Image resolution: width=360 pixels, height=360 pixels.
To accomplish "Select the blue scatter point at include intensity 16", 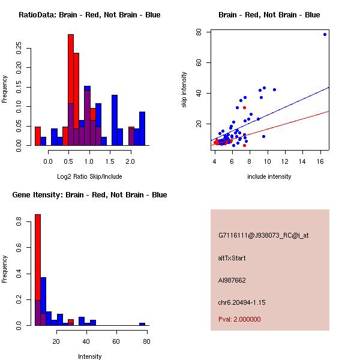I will [325, 34].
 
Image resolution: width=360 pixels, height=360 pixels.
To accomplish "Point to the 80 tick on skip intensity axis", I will [206, 32].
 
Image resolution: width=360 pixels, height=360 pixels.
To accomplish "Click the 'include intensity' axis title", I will [269, 176].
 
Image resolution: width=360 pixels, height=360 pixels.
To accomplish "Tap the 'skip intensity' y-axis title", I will [184, 90].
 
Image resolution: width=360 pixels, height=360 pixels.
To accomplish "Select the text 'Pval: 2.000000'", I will [239, 319].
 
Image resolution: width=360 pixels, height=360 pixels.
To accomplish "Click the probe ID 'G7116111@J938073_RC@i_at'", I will [263, 235].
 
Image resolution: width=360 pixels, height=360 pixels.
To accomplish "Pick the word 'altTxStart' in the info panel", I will [232, 258].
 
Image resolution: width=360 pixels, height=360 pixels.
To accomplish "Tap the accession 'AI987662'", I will [232, 280].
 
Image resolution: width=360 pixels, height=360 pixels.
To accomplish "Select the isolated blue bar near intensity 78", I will [142, 324].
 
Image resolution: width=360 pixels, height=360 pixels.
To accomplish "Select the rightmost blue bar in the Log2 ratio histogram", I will [142, 128].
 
